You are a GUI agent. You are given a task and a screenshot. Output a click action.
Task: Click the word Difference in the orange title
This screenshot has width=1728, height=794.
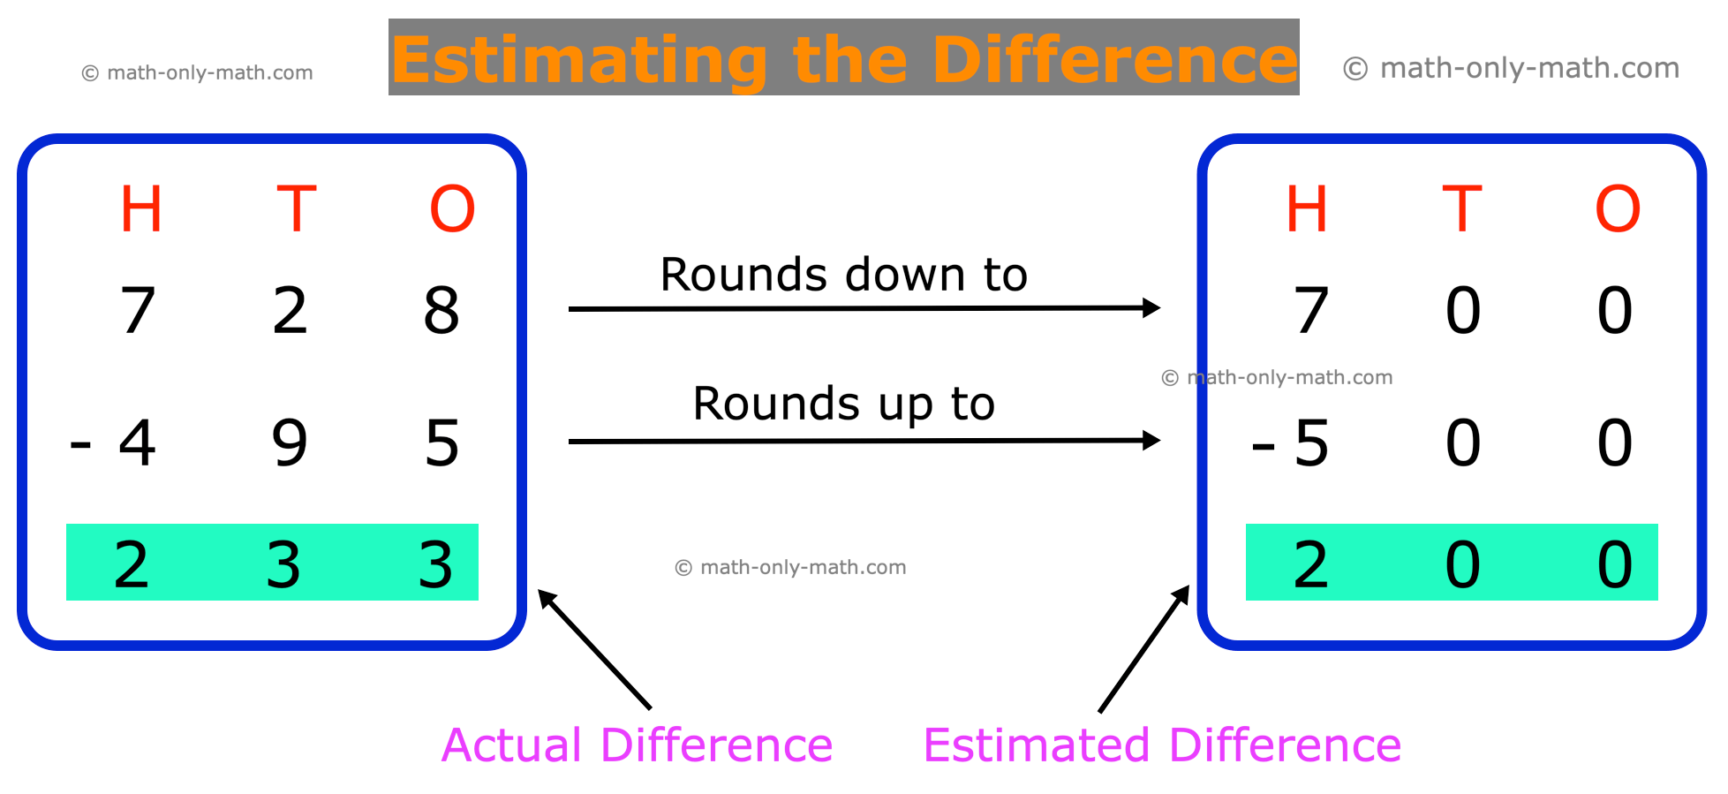coord(1114,60)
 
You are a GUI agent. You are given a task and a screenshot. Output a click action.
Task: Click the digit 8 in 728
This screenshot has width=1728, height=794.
coord(441,311)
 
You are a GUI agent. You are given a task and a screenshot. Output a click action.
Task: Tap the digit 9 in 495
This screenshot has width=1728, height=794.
coord(290,442)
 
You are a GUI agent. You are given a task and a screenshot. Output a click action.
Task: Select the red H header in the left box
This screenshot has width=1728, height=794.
coord(141,210)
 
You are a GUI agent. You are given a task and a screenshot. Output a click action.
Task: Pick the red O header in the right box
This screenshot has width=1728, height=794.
coord(1617,210)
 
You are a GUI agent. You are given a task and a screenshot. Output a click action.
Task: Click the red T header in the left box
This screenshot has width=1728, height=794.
coord(296,210)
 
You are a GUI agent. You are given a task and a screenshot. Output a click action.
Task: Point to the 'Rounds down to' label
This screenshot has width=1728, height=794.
coord(843,275)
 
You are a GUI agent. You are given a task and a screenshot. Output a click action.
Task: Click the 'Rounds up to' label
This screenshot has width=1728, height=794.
coord(843,405)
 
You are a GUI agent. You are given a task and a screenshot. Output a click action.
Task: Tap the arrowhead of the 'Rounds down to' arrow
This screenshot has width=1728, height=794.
coord(1151,307)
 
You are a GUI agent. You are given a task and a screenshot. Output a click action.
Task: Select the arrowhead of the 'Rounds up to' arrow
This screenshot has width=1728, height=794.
coord(1151,440)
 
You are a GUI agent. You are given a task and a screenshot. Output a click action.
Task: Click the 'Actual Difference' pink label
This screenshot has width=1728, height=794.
coord(637,745)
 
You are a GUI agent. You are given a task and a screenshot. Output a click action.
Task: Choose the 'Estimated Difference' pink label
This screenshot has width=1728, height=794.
coord(1162,745)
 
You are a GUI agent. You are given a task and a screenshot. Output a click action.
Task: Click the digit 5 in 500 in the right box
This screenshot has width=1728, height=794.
coord(1311,442)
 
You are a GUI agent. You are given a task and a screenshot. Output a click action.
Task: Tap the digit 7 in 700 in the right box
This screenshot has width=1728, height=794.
coord(1311,311)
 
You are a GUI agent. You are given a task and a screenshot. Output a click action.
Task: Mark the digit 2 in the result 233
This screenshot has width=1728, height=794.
coord(132,564)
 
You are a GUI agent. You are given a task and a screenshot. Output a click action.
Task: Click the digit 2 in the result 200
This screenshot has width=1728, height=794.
coord(1311,564)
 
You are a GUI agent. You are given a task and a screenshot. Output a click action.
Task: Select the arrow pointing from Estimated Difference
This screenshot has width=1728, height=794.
coord(1144,648)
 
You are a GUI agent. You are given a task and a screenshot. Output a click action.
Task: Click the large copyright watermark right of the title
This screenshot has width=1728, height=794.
coord(1511,68)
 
